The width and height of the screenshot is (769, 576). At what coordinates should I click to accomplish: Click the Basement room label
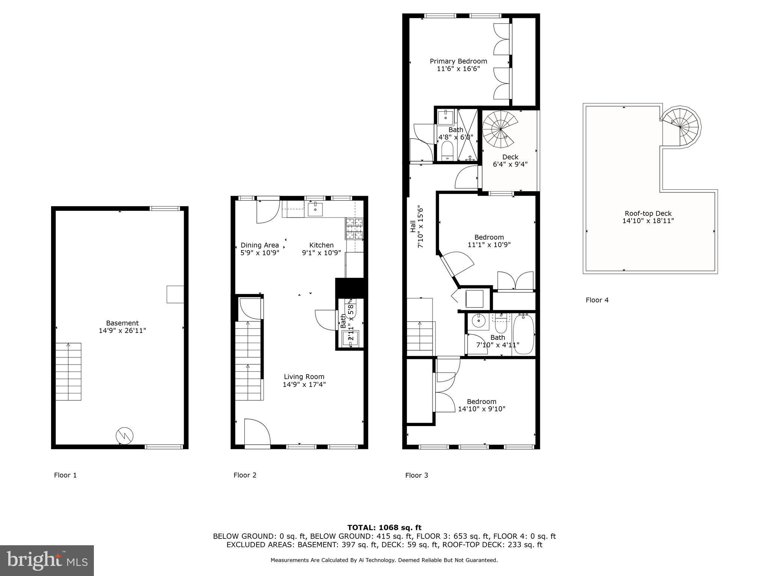pyautogui.click(x=122, y=323)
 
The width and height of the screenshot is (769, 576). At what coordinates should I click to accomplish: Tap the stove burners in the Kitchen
pyautogui.click(x=354, y=229)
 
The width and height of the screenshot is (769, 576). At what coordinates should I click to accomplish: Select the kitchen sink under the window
pyautogui.click(x=315, y=210)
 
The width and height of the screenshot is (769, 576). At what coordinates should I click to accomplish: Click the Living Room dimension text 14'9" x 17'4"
pyautogui.click(x=304, y=384)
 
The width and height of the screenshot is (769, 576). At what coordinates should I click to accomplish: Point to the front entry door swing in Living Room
pyautogui.click(x=257, y=432)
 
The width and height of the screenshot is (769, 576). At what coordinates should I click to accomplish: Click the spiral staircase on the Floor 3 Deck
pyautogui.click(x=500, y=130)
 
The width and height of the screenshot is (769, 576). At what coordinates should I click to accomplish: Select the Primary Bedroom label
pyautogui.click(x=458, y=61)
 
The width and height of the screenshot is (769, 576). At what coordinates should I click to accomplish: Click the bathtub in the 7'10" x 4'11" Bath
pyautogui.click(x=523, y=334)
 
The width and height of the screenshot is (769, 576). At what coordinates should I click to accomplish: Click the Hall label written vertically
pyautogui.click(x=413, y=226)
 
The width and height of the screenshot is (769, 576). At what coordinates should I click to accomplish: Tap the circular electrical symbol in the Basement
pyautogui.click(x=124, y=435)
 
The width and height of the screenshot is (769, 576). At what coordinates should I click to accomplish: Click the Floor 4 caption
pyautogui.click(x=597, y=300)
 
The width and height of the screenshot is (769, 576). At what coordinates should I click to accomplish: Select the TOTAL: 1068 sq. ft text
pyautogui.click(x=384, y=528)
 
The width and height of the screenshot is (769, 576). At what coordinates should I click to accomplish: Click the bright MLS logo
pyautogui.click(x=47, y=560)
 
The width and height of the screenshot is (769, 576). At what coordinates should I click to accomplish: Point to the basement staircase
pyautogui.click(x=68, y=371)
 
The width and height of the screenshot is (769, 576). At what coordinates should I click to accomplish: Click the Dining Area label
pyautogui.click(x=259, y=245)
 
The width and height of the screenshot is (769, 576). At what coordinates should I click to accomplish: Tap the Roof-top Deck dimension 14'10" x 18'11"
pyautogui.click(x=648, y=221)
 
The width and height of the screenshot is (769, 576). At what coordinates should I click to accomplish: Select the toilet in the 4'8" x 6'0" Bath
pyautogui.click(x=447, y=151)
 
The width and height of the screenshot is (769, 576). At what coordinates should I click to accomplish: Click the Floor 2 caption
pyautogui.click(x=245, y=475)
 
